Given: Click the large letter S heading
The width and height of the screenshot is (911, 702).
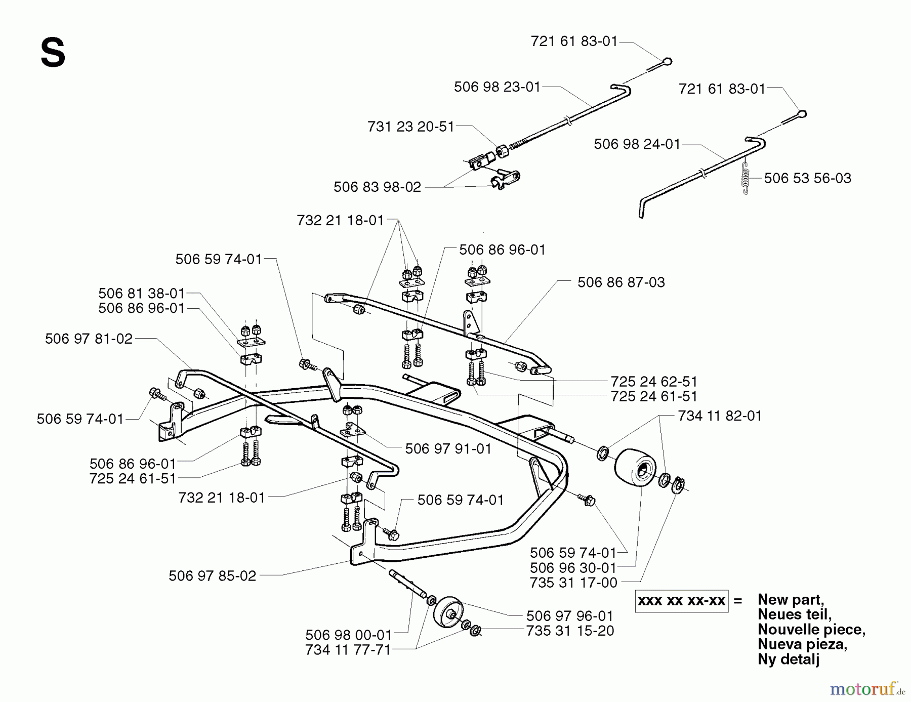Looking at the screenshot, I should pyautogui.click(x=53, y=54).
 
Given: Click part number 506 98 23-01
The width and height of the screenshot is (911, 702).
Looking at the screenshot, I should pyautogui.click(x=497, y=87).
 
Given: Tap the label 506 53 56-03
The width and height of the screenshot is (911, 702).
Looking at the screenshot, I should pyautogui.click(x=807, y=178).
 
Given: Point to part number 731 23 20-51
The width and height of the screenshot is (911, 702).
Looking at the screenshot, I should pyautogui.click(x=410, y=127).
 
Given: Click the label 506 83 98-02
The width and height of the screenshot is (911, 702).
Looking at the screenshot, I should pyautogui.click(x=377, y=187).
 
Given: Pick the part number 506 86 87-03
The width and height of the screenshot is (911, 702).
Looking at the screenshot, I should pyautogui.click(x=621, y=282).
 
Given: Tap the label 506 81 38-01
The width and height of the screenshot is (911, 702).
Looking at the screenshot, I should pyautogui.click(x=141, y=294).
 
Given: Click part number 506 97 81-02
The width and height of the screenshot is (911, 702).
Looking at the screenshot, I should pyautogui.click(x=89, y=339).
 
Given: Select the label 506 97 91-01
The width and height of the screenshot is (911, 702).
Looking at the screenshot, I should pyautogui.click(x=448, y=449).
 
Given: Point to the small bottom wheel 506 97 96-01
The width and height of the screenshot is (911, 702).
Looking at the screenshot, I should pyautogui.click(x=448, y=613).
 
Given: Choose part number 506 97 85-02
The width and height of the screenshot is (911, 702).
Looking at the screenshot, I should pyautogui.click(x=212, y=576).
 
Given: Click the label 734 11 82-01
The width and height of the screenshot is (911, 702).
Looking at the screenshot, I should pyautogui.click(x=719, y=416).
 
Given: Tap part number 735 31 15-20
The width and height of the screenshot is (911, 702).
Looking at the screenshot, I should pyautogui.click(x=570, y=631).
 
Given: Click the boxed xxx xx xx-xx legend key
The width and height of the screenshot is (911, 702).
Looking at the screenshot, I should pyautogui.click(x=681, y=601).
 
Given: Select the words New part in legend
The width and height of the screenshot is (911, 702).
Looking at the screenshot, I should pyautogui.click(x=790, y=600).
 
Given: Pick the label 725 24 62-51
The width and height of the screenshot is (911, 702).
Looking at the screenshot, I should pyautogui.click(x=654, y=382).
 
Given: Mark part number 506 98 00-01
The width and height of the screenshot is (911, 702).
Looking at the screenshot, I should pyautogui.click(x=348, y=635).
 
